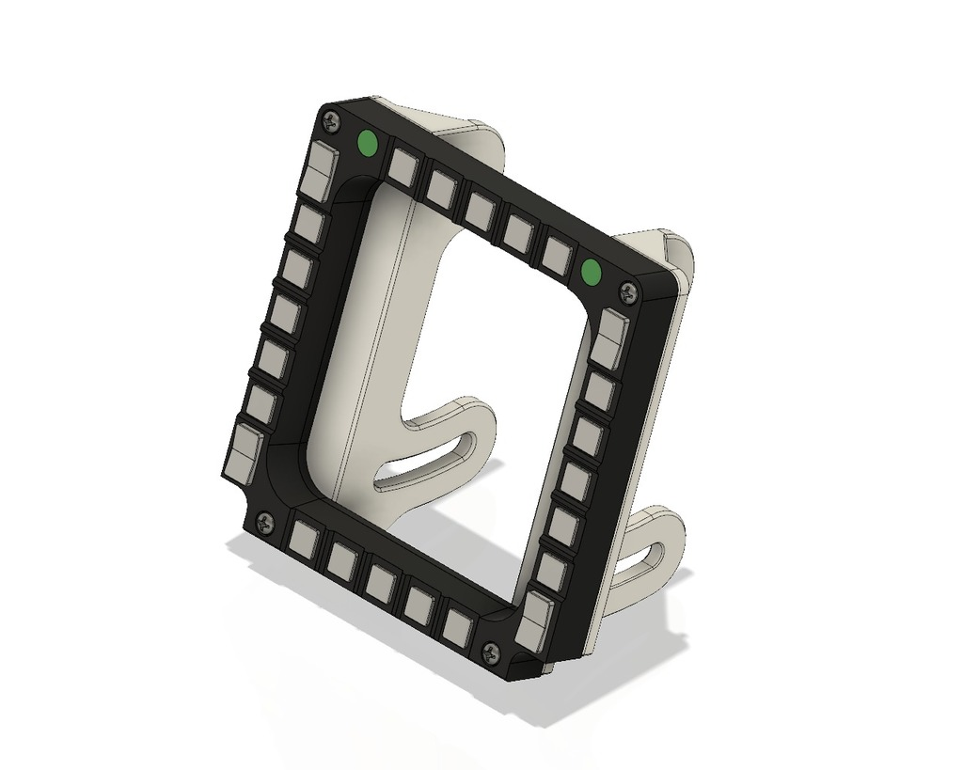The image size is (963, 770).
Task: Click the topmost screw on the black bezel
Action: tap(331, 119)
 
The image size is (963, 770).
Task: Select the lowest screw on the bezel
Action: tap(490, 651)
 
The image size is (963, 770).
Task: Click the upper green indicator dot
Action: tap(367, 143)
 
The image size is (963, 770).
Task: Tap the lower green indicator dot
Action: tap(591, 273)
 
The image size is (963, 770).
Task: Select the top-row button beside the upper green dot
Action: tap(403, 167)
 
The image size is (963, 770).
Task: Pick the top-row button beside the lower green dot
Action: tap(557, 255)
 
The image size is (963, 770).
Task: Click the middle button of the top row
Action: tap(481, 211)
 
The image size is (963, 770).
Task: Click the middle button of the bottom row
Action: tap(380, 583)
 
